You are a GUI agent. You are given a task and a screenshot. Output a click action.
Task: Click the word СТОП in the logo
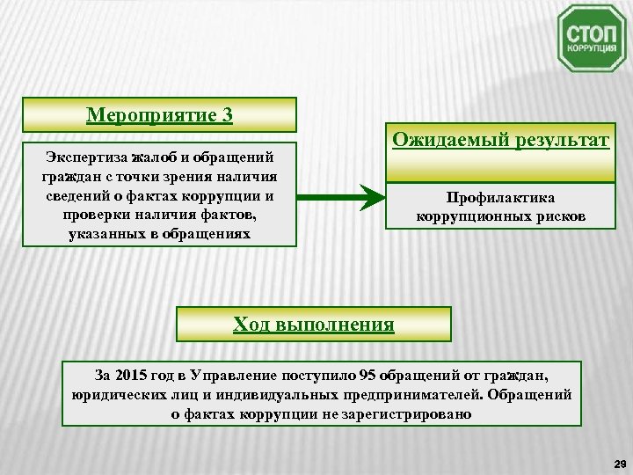coord(590,32)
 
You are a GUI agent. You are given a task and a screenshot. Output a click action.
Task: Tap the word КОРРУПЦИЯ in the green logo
coord(590,50)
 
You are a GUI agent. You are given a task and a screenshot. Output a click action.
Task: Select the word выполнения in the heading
coord(335,324)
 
